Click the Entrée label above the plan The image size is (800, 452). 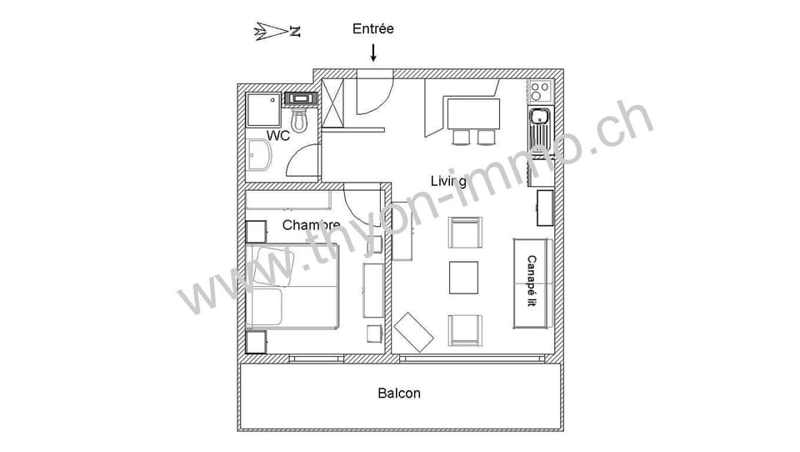(373, 28)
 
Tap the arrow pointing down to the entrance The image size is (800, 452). (373, 53)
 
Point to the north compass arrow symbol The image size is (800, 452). (277, 32)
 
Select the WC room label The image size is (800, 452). (278, 135)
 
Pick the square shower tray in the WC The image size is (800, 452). (263, 110)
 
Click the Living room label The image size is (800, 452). (448, 181)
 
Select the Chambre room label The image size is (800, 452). (311, 224)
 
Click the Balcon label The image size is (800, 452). (399, 394)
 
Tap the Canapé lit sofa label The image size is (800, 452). (532, 281)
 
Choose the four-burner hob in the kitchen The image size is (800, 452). (540, 92)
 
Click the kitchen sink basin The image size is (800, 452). (539, 118)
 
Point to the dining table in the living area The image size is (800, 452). (473, 114)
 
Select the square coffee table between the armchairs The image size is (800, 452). (463, 278)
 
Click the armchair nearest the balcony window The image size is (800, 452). (465, 330)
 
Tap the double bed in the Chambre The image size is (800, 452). (292, 287)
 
